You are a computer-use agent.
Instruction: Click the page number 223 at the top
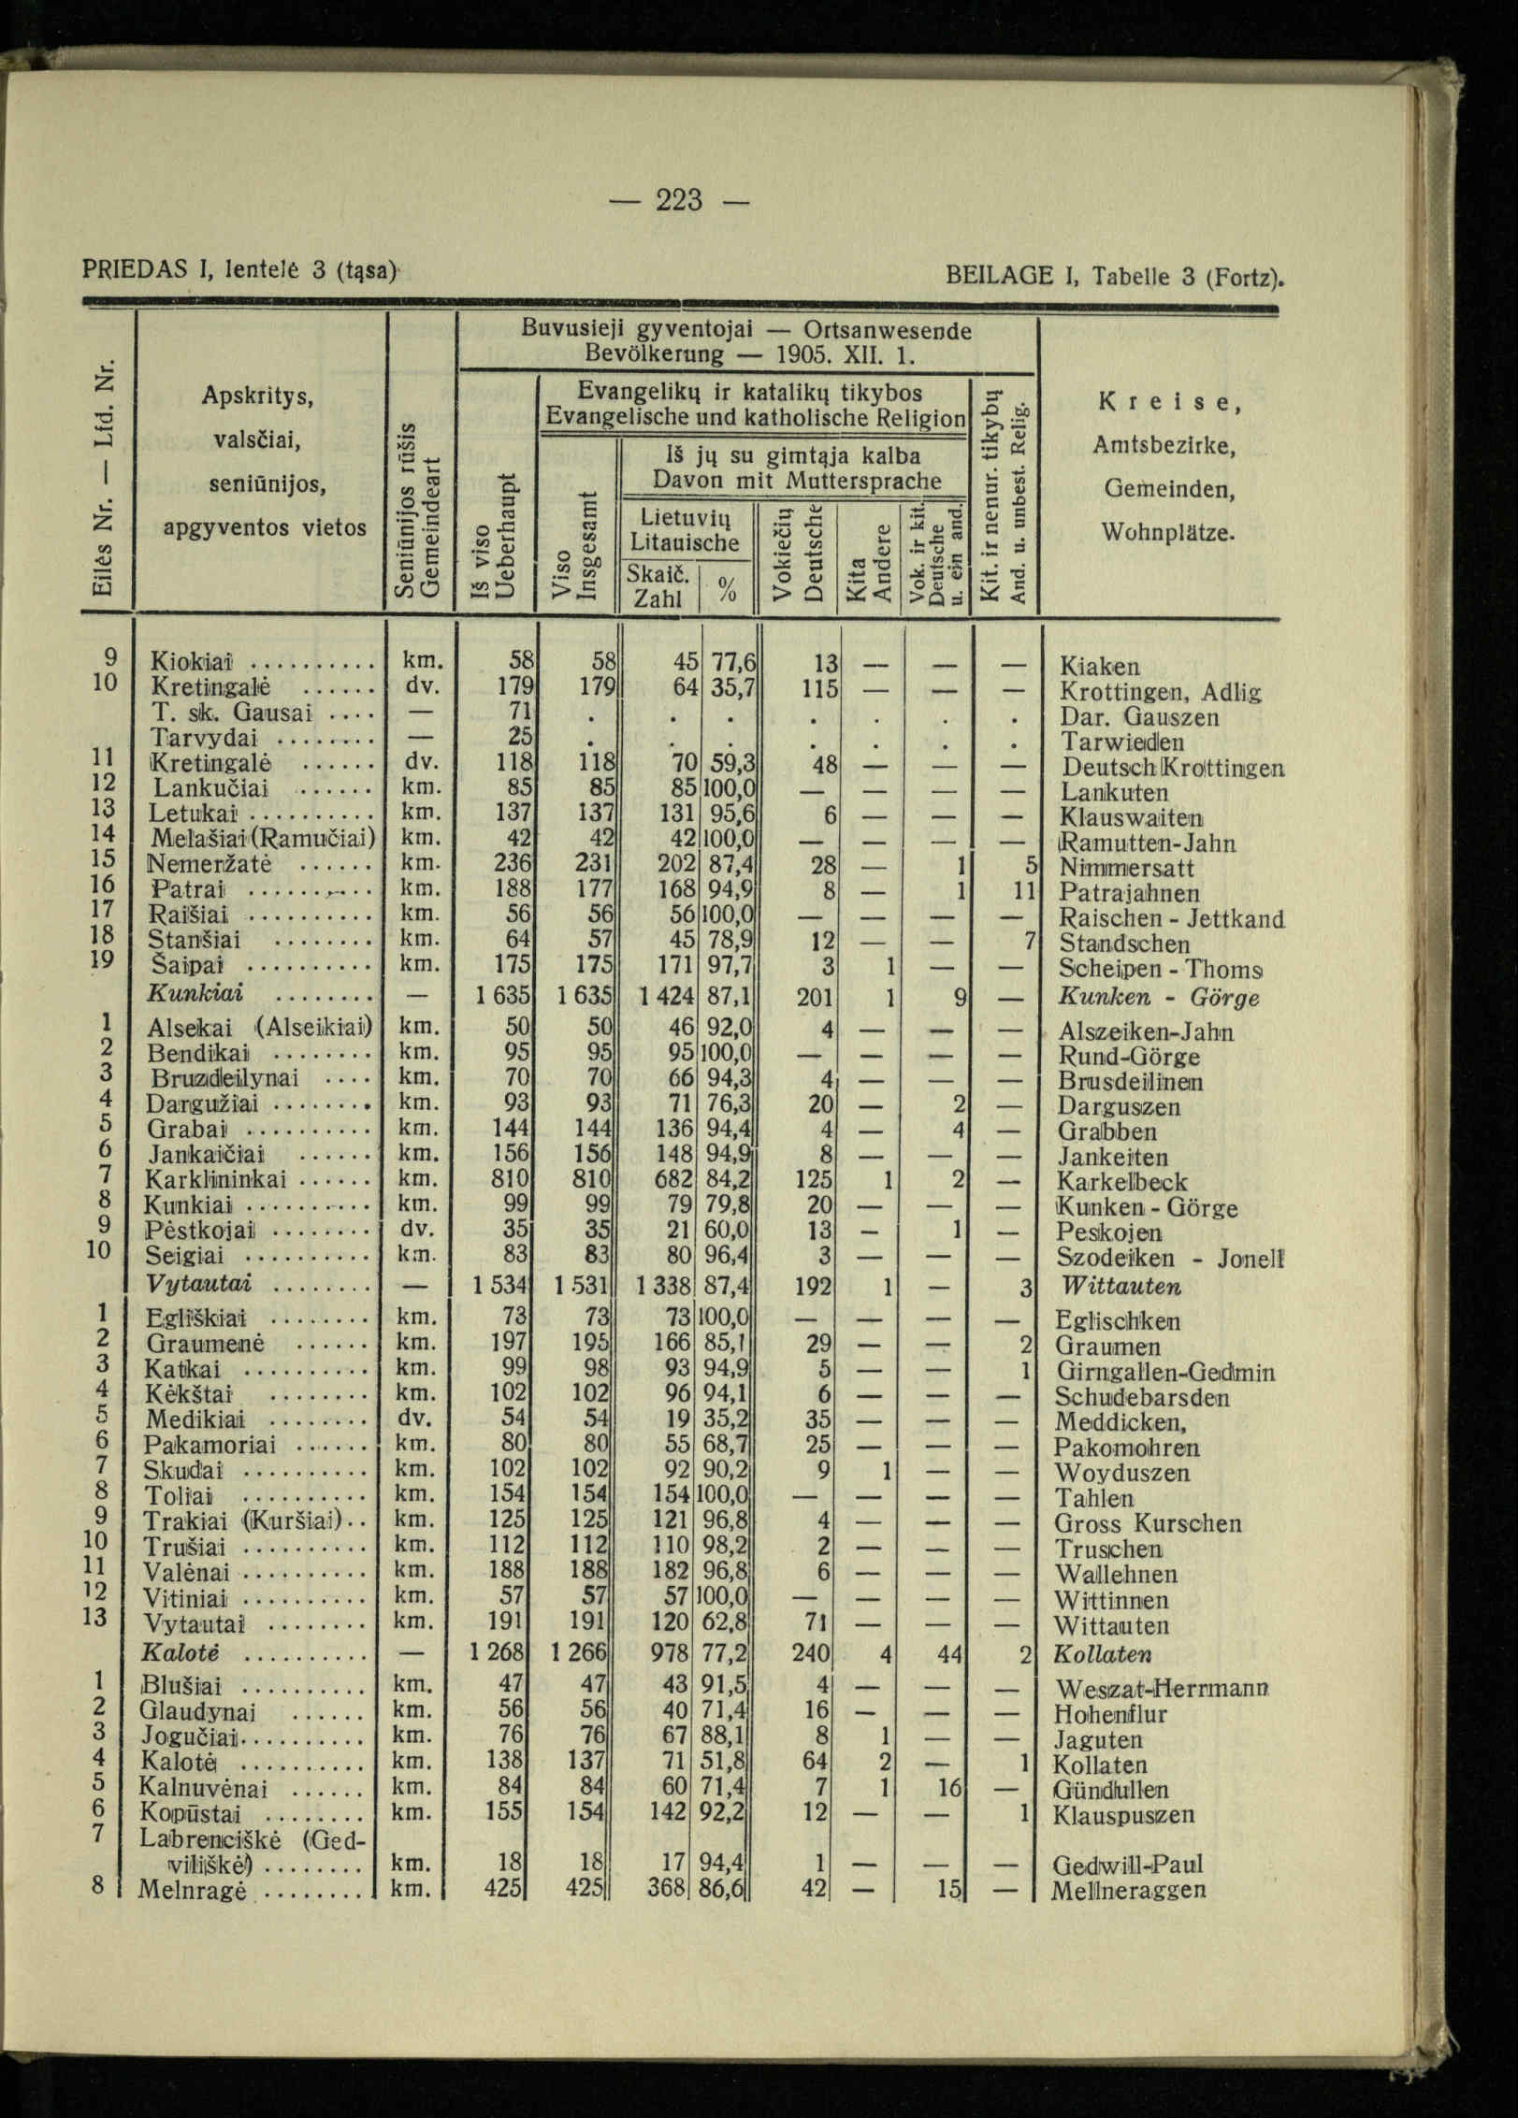click(x=679, y=199)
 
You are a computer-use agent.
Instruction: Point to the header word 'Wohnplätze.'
click(x=1168, y=534)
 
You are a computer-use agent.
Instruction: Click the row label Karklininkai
click(x=216, y=1179)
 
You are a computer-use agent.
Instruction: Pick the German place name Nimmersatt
click(x=1127, y=867)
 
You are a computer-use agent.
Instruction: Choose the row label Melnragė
click(x=191, y=1890)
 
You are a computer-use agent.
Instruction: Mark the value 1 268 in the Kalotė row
click(x=499, y=1653)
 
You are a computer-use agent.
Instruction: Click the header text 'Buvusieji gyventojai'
click(x=637, y=330)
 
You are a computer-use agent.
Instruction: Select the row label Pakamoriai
click(x=210, y=1446)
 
